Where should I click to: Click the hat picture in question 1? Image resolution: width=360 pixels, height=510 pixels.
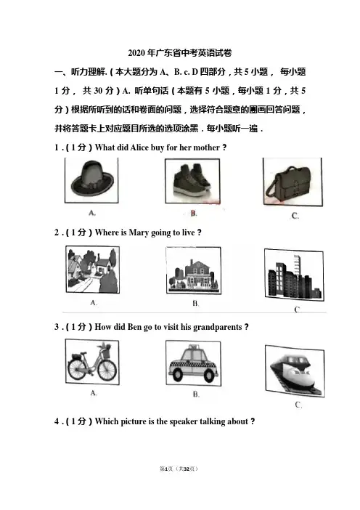91,180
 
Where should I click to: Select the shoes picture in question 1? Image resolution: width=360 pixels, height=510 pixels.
192,181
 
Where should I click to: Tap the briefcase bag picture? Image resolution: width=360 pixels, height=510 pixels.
292,182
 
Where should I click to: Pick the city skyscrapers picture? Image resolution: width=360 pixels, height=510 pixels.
294,275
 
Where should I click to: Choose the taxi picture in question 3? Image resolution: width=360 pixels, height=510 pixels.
193,364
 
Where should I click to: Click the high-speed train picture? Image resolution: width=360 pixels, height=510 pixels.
295,371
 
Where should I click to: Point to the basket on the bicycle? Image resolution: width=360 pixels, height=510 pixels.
105,350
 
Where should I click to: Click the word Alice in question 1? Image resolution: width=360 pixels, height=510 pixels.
139,147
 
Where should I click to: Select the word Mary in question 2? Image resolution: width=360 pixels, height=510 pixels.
139,233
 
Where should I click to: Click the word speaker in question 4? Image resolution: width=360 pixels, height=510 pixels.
184,421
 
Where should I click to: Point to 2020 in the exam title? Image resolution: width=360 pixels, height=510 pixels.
136,53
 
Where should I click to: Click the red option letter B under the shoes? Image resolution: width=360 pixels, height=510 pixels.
194,214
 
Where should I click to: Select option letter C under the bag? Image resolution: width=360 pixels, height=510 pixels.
295,216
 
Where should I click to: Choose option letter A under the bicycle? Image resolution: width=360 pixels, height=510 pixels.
94,393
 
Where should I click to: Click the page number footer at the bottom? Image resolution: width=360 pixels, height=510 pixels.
179,469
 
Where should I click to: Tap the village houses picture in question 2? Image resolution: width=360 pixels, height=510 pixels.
93,270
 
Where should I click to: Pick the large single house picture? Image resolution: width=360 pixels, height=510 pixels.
193,270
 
